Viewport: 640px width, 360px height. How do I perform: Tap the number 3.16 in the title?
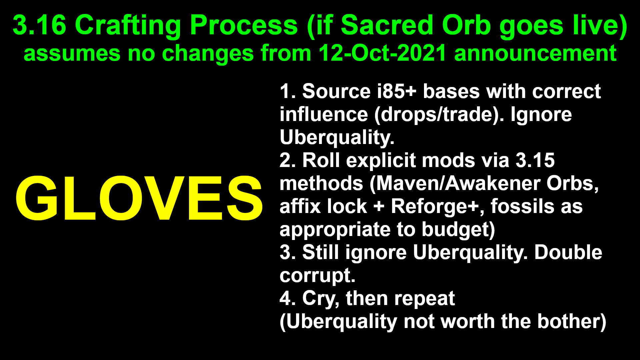(39, 25)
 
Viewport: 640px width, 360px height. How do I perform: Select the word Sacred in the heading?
(388, 25)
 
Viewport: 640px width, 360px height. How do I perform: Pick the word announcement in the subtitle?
(535, 53)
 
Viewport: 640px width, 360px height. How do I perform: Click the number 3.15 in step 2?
(535, 160)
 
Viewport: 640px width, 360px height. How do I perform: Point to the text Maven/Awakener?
(455, 183)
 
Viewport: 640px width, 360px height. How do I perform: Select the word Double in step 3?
(568, 252)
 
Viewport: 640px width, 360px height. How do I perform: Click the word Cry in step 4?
(319, 299)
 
